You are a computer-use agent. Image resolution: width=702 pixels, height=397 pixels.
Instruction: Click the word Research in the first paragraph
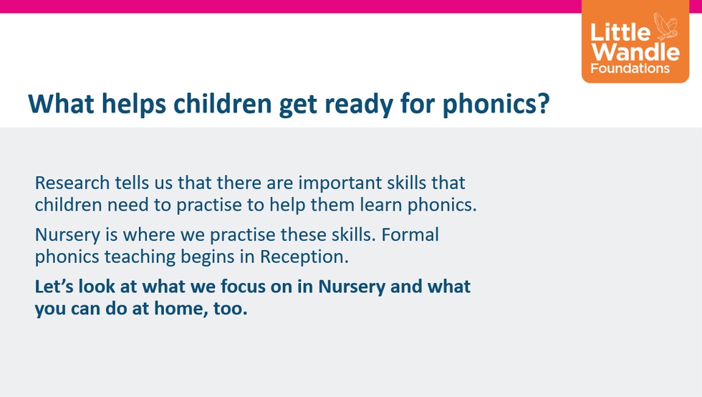click(x=72, y=183)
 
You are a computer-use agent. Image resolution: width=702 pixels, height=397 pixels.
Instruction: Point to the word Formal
click(x=410, y=234)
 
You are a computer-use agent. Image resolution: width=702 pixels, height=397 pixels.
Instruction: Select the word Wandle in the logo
click(x=635, y=52)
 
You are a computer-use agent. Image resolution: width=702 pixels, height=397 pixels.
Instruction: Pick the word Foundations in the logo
click(x=630, y=69)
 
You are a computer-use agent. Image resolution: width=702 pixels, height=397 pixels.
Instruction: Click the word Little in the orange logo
click(x=620, y=32)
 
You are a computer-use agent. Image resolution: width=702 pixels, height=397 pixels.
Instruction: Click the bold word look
click(x=97, y=286)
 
